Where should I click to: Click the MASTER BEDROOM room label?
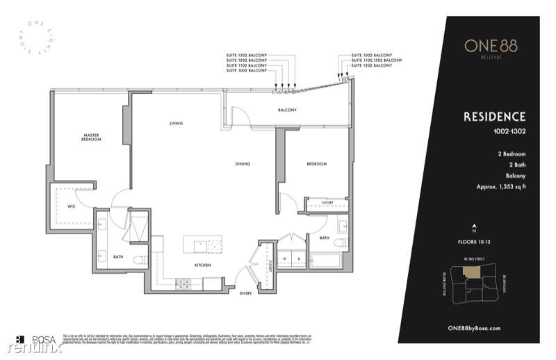click(92, 138)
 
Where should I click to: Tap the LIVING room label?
click(176, 124)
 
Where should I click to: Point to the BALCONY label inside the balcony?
click(288, 111)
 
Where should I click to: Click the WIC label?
click(71, 206)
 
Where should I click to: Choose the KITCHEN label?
click(203, 265)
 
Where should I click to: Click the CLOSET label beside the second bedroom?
click(327, 203)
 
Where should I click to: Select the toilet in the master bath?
click(138, 261)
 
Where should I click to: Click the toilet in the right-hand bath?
click(341, 243)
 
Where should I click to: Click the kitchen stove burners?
click(185, 282)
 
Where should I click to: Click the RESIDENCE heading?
click(494, 117)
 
